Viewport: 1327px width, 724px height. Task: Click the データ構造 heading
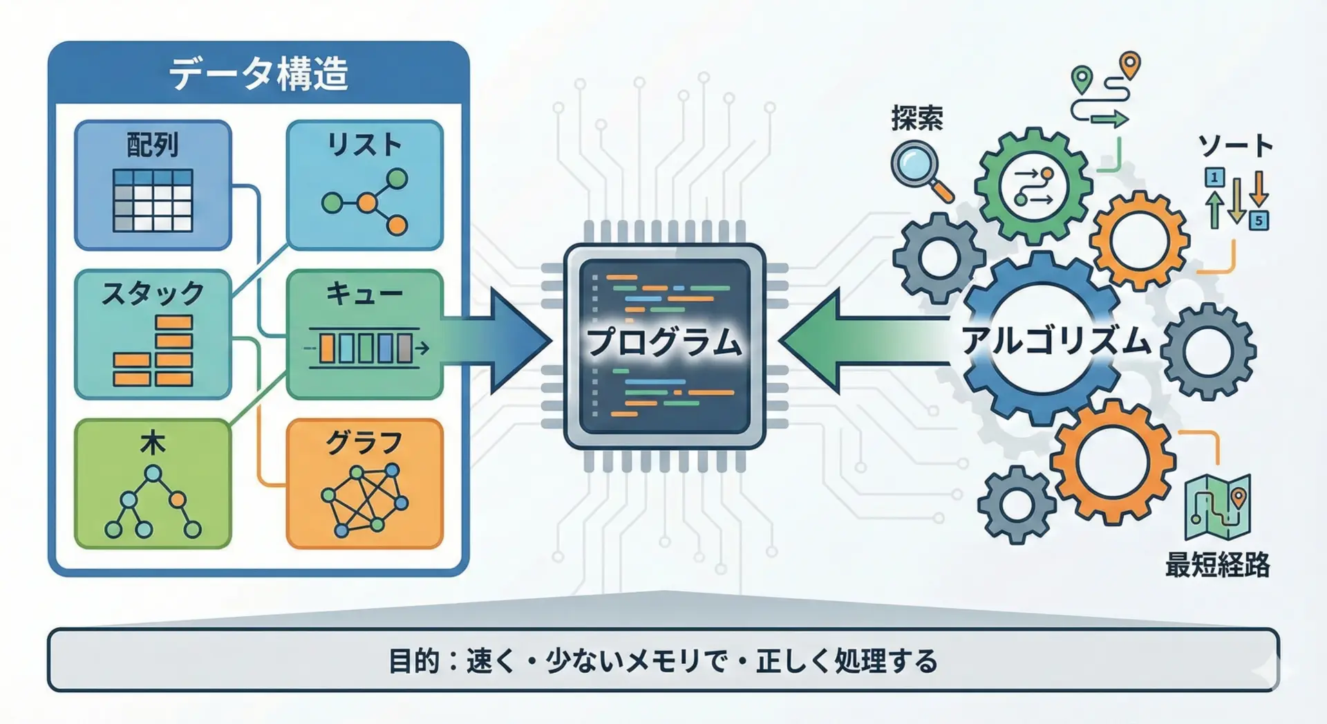pos(258,74)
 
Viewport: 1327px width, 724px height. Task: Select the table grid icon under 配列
pos(153,201)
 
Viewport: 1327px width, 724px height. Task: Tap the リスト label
pos(364,145)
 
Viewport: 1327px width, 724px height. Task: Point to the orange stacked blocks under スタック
pos(154,351)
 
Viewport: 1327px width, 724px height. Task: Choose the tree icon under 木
pos(153,503)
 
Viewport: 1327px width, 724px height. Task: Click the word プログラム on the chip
pos(664,342)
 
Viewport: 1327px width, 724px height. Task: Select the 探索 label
pos(917,119)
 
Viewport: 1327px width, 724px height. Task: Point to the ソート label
pos(1235,146)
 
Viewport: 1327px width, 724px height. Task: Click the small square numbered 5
pos(1259,221)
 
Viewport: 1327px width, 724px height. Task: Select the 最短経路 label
pos(1217,565)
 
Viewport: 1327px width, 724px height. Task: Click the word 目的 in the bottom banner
pos(414,661)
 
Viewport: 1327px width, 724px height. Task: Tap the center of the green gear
pos(1033,185)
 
